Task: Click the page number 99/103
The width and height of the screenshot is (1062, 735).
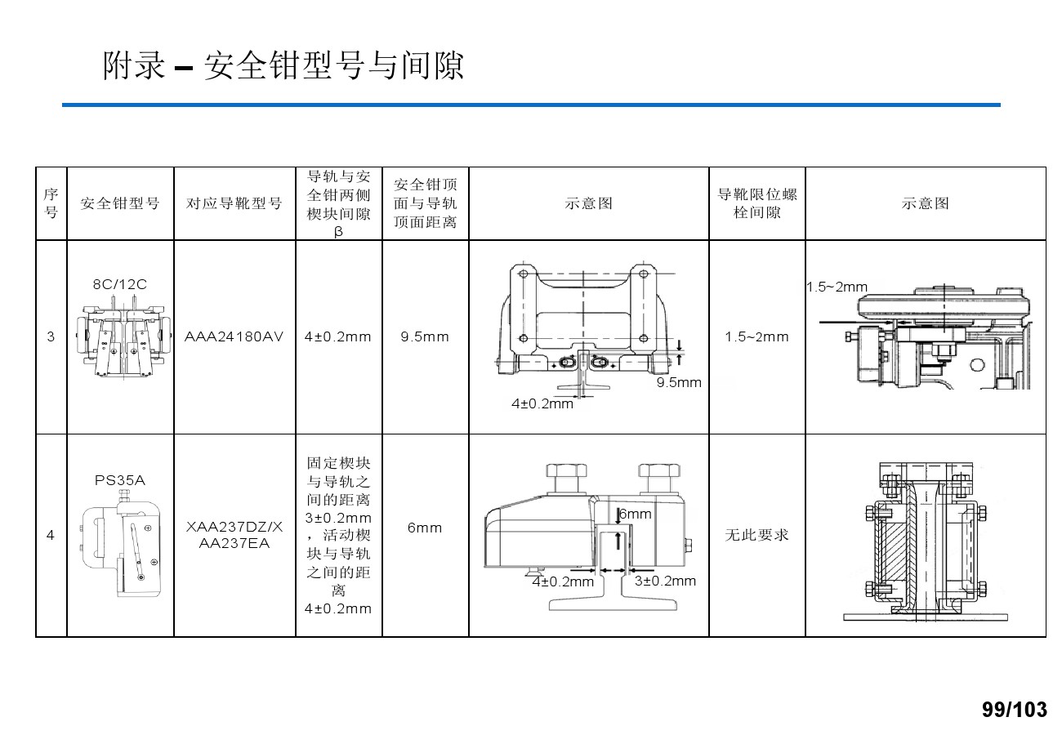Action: [1013, 710]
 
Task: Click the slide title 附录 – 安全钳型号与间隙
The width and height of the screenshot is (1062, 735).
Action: [283, 66]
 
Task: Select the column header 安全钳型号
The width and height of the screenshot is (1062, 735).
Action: [120, 203]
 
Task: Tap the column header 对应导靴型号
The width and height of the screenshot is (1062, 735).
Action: [234, 203]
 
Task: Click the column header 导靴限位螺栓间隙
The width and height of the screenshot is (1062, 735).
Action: [756, 203]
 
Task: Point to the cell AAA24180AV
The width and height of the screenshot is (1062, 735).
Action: [234, 336]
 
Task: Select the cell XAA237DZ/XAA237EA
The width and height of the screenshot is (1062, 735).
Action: [234, 536]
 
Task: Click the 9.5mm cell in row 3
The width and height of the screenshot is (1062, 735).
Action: [425, 336]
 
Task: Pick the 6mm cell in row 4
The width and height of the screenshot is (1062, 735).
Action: [425, 528]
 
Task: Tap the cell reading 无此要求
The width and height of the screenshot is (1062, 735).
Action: [756, 535]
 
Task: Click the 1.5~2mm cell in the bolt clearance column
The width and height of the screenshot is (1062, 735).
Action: [756, 336]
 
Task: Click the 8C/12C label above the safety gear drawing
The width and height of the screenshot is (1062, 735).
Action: [120, 284]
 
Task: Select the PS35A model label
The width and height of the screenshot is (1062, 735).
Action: [120, 480]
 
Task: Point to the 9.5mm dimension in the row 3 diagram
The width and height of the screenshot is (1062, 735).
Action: [679, 382]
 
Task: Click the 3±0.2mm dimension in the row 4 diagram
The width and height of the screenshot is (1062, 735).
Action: [665, 581]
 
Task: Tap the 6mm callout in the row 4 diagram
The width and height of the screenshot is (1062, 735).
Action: [636, 514]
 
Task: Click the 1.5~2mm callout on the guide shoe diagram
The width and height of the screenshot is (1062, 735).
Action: [837, 287]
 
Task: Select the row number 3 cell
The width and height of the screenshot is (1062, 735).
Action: [51, 336]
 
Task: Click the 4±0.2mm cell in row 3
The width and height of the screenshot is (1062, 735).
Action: [338, 336]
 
